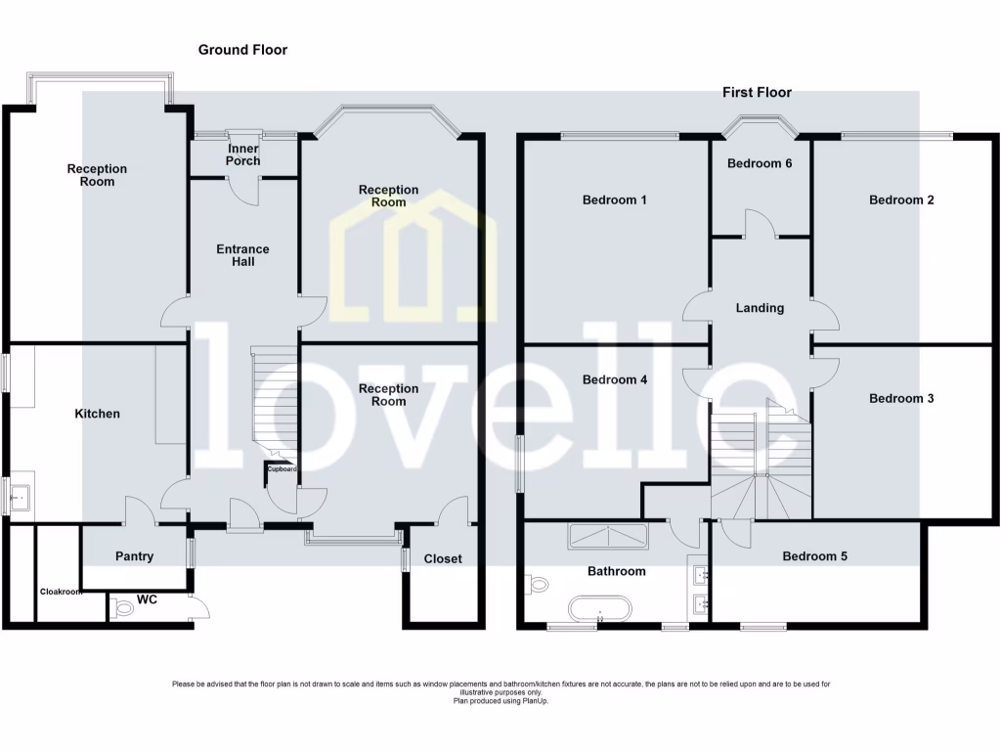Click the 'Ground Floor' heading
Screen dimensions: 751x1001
(x=242, y=50)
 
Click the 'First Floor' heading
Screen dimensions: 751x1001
(x=757, y=93)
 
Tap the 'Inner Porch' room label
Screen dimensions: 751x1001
(x=242, y=155)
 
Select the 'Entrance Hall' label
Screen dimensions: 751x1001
(x=242, y=255)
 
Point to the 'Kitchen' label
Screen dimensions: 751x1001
(x=98, y=414)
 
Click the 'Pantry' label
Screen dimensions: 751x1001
(x=134, y=556)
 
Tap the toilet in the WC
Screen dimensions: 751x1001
(x=123, y=608)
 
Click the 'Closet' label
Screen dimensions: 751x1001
(x=443, y=558)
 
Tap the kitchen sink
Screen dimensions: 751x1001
(x=20, y=499)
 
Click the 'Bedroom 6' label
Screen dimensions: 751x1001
(x=760, y=163)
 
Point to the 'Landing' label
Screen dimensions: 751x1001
(x=760, y=308)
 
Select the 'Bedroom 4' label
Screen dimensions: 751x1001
(x=614, y=379)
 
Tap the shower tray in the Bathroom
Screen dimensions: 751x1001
(x=607, y=536)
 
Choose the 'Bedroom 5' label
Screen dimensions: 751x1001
(x=814, y=556)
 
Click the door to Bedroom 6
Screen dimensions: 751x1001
(x=760, y=223)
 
